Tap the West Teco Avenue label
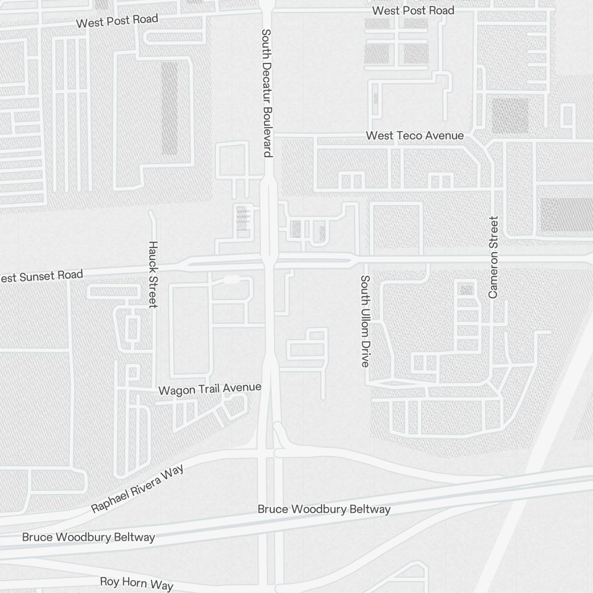[415, 136]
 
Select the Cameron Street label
[493, 257]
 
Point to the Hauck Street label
[152, 274]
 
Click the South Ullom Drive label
[365, 321]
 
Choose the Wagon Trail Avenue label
[210, 389]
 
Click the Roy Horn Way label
[136, 582]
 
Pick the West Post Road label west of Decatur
[117, 21]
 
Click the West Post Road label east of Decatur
[413, 11]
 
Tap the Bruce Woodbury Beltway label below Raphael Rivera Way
[88, 537]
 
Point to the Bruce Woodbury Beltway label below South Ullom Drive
[324, 509]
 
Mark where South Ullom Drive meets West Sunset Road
[364, 260]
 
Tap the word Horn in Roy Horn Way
[136, 582]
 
